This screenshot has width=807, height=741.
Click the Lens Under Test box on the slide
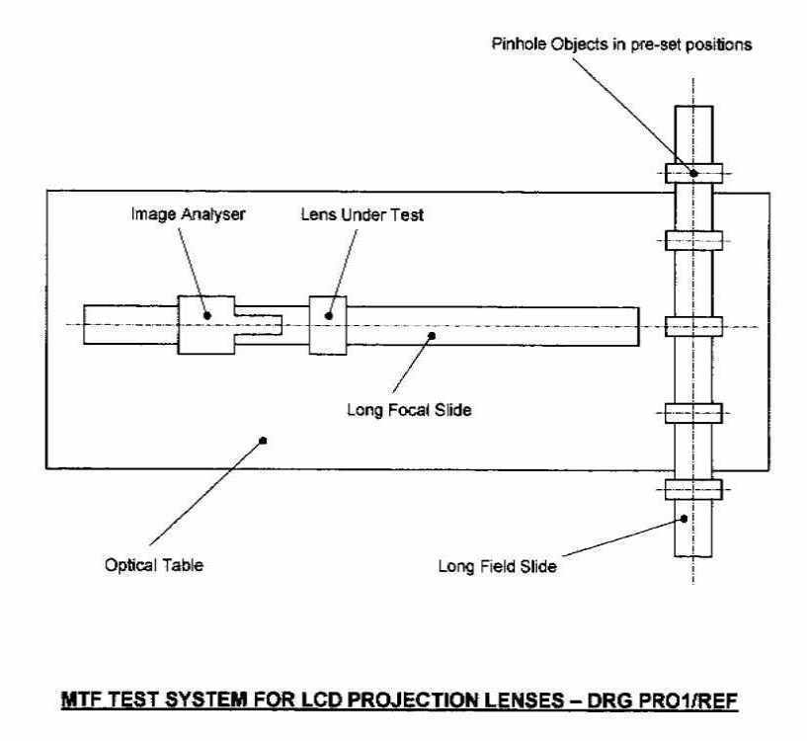coord(329,324)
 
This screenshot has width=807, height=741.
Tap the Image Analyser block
coord(206,324)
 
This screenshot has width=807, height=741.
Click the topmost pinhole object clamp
coord(693,173)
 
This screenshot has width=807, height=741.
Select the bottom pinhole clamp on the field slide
coord(693,487)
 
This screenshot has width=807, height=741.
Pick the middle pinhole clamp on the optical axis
coord(693,326)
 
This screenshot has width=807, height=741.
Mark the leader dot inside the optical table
coord(263,441)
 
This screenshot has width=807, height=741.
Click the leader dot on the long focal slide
coord(431,338)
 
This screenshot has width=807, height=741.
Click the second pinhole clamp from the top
coord(693,240)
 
